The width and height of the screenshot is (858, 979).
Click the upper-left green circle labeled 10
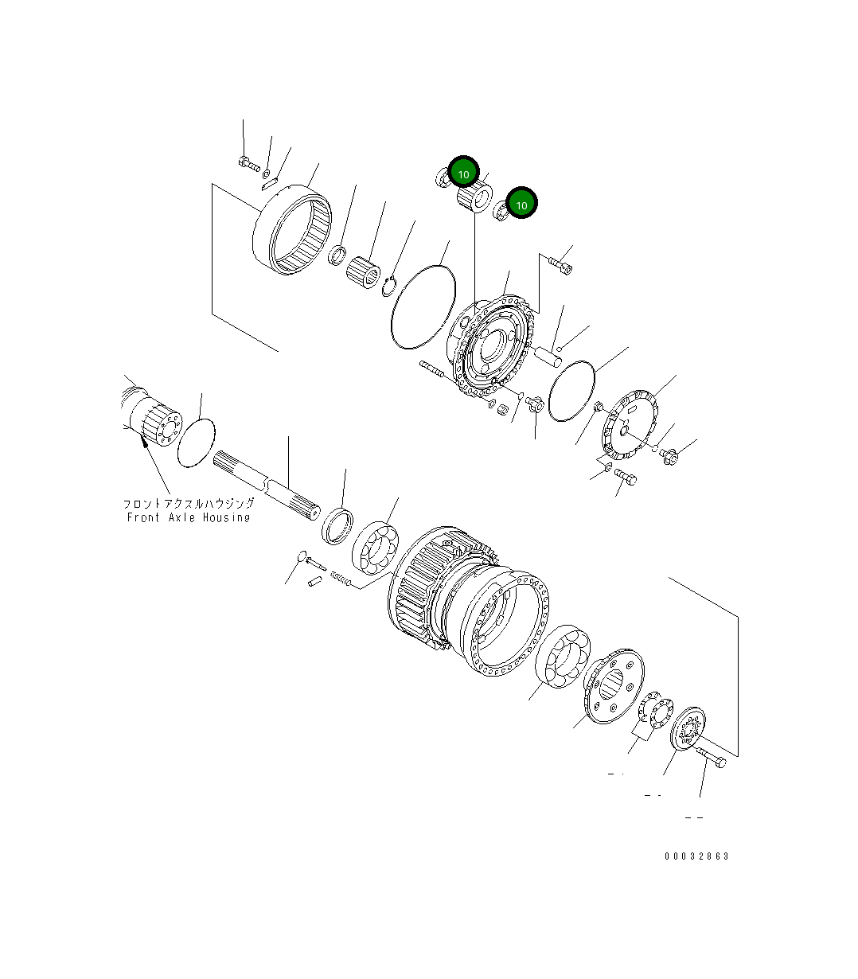463,172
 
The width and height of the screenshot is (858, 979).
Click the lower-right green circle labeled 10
522,204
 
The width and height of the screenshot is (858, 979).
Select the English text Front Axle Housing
189,517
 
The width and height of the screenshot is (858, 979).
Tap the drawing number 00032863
697,856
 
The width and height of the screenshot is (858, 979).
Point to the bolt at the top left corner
248,163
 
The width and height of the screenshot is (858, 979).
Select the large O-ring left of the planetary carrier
423,305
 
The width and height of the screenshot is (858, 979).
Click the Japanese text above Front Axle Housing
189,504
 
